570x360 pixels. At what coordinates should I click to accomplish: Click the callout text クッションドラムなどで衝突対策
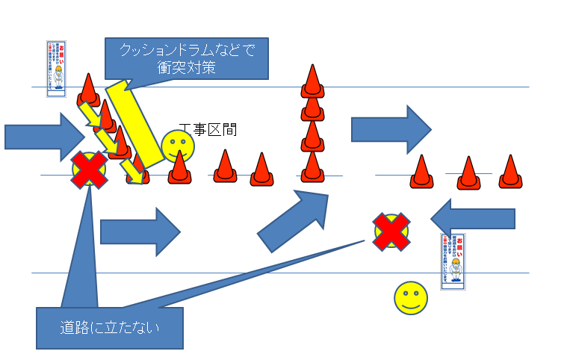[x=187, y=58]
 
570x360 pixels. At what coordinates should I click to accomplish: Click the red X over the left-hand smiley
[x=89, y=170]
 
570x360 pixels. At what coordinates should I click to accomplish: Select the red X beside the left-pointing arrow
[x=391, y=231]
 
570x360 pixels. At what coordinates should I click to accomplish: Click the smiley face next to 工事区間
[x=177, y=146]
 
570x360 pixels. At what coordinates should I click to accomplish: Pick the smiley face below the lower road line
[x=411, y=298]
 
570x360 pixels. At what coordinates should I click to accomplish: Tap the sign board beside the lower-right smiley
[x=453, y=261]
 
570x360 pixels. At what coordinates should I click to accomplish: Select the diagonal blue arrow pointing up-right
[x=293, y=222]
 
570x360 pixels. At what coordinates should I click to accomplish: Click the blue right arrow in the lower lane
[x=140, y=232]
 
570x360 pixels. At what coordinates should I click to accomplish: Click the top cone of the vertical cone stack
[x=312, y=81]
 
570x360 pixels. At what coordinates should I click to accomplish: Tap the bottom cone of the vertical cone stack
[x=312, y=167]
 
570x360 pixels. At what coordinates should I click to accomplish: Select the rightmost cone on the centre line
[x=509, y=172]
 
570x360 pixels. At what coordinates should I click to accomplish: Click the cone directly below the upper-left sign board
[x=88, y=90]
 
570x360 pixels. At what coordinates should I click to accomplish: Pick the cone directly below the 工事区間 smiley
[x=179, y=169]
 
